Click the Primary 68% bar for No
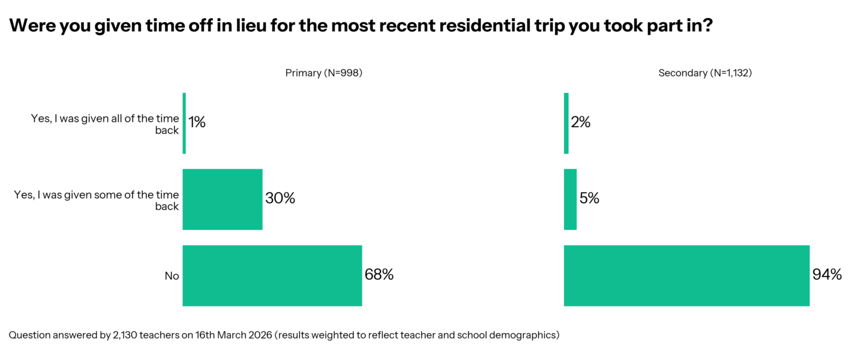272,275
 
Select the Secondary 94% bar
686,275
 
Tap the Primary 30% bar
222,199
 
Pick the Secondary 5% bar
570,199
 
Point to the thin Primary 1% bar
184,123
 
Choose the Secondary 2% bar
566,123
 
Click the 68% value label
379,275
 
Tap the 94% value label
827,275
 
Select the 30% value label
280,199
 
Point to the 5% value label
589,199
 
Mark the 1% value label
197,122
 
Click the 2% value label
581,122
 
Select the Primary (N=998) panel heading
324,73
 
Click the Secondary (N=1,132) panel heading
705,73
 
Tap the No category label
172,276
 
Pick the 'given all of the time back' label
105,124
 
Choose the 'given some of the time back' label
97,200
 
